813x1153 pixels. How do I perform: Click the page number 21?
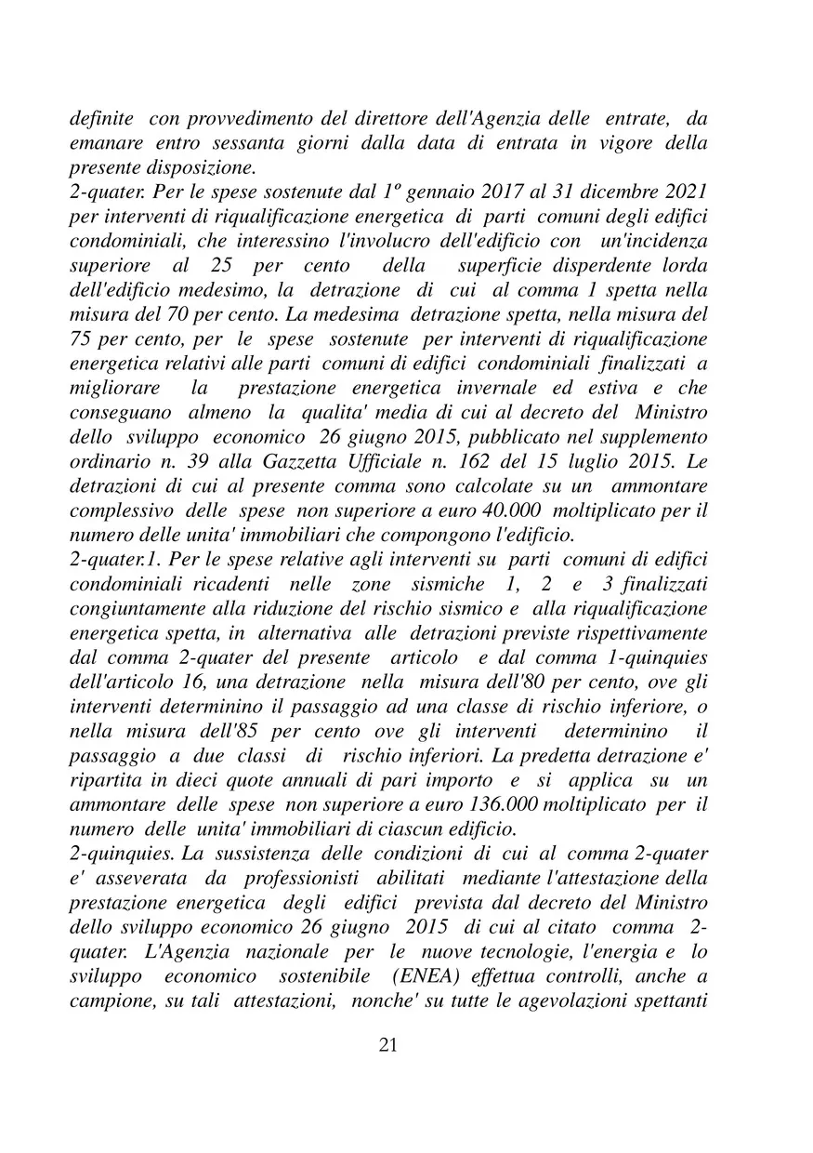pos(388,1045)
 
